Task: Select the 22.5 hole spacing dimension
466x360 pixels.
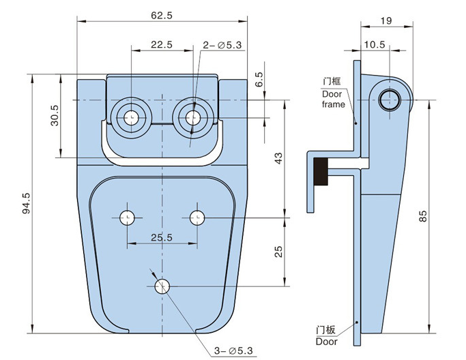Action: [x=161, y=44]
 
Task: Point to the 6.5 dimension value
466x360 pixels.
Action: [x=259, y=79]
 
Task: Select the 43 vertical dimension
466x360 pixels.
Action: [x=278, y=157]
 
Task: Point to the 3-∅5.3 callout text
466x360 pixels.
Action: [x=233, y=351]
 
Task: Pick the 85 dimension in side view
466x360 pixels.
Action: [x=423, y=216]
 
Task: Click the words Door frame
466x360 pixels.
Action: [x=333, y=99]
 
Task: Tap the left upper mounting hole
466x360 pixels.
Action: [x=130, y=117]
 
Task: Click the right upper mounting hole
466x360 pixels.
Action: [x=192, y=117]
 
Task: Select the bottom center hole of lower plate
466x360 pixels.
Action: [x=162, y=286]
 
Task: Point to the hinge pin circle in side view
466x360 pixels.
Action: [x=391, y=99]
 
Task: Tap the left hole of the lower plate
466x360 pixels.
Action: [x=127, y=217]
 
